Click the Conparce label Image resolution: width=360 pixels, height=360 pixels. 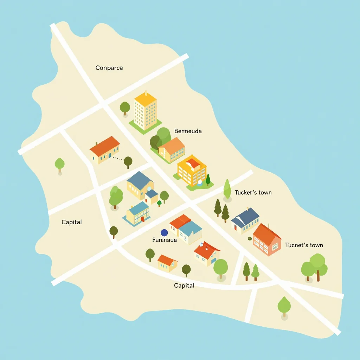[109, 68]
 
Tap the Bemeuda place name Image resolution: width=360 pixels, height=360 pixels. [188, 131]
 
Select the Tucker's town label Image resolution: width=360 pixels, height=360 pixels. [253, 193]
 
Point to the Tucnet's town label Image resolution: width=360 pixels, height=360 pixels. [304, 245]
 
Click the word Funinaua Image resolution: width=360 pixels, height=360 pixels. [165, 240]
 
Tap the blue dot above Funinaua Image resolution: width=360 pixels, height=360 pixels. [164, 232]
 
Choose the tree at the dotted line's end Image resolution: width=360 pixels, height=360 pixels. [128, 162]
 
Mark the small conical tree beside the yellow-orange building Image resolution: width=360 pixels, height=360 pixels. [208, 180]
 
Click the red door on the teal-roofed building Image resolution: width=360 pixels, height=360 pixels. [142, 219]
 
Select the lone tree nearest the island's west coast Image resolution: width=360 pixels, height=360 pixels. [59, 164]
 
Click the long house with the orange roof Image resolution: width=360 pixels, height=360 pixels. [104, 149]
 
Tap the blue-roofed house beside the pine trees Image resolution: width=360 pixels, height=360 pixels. [245, 220]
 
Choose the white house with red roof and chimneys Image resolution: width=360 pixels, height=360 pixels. [207, 253]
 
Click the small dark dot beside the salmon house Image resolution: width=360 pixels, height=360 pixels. [250, 239]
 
